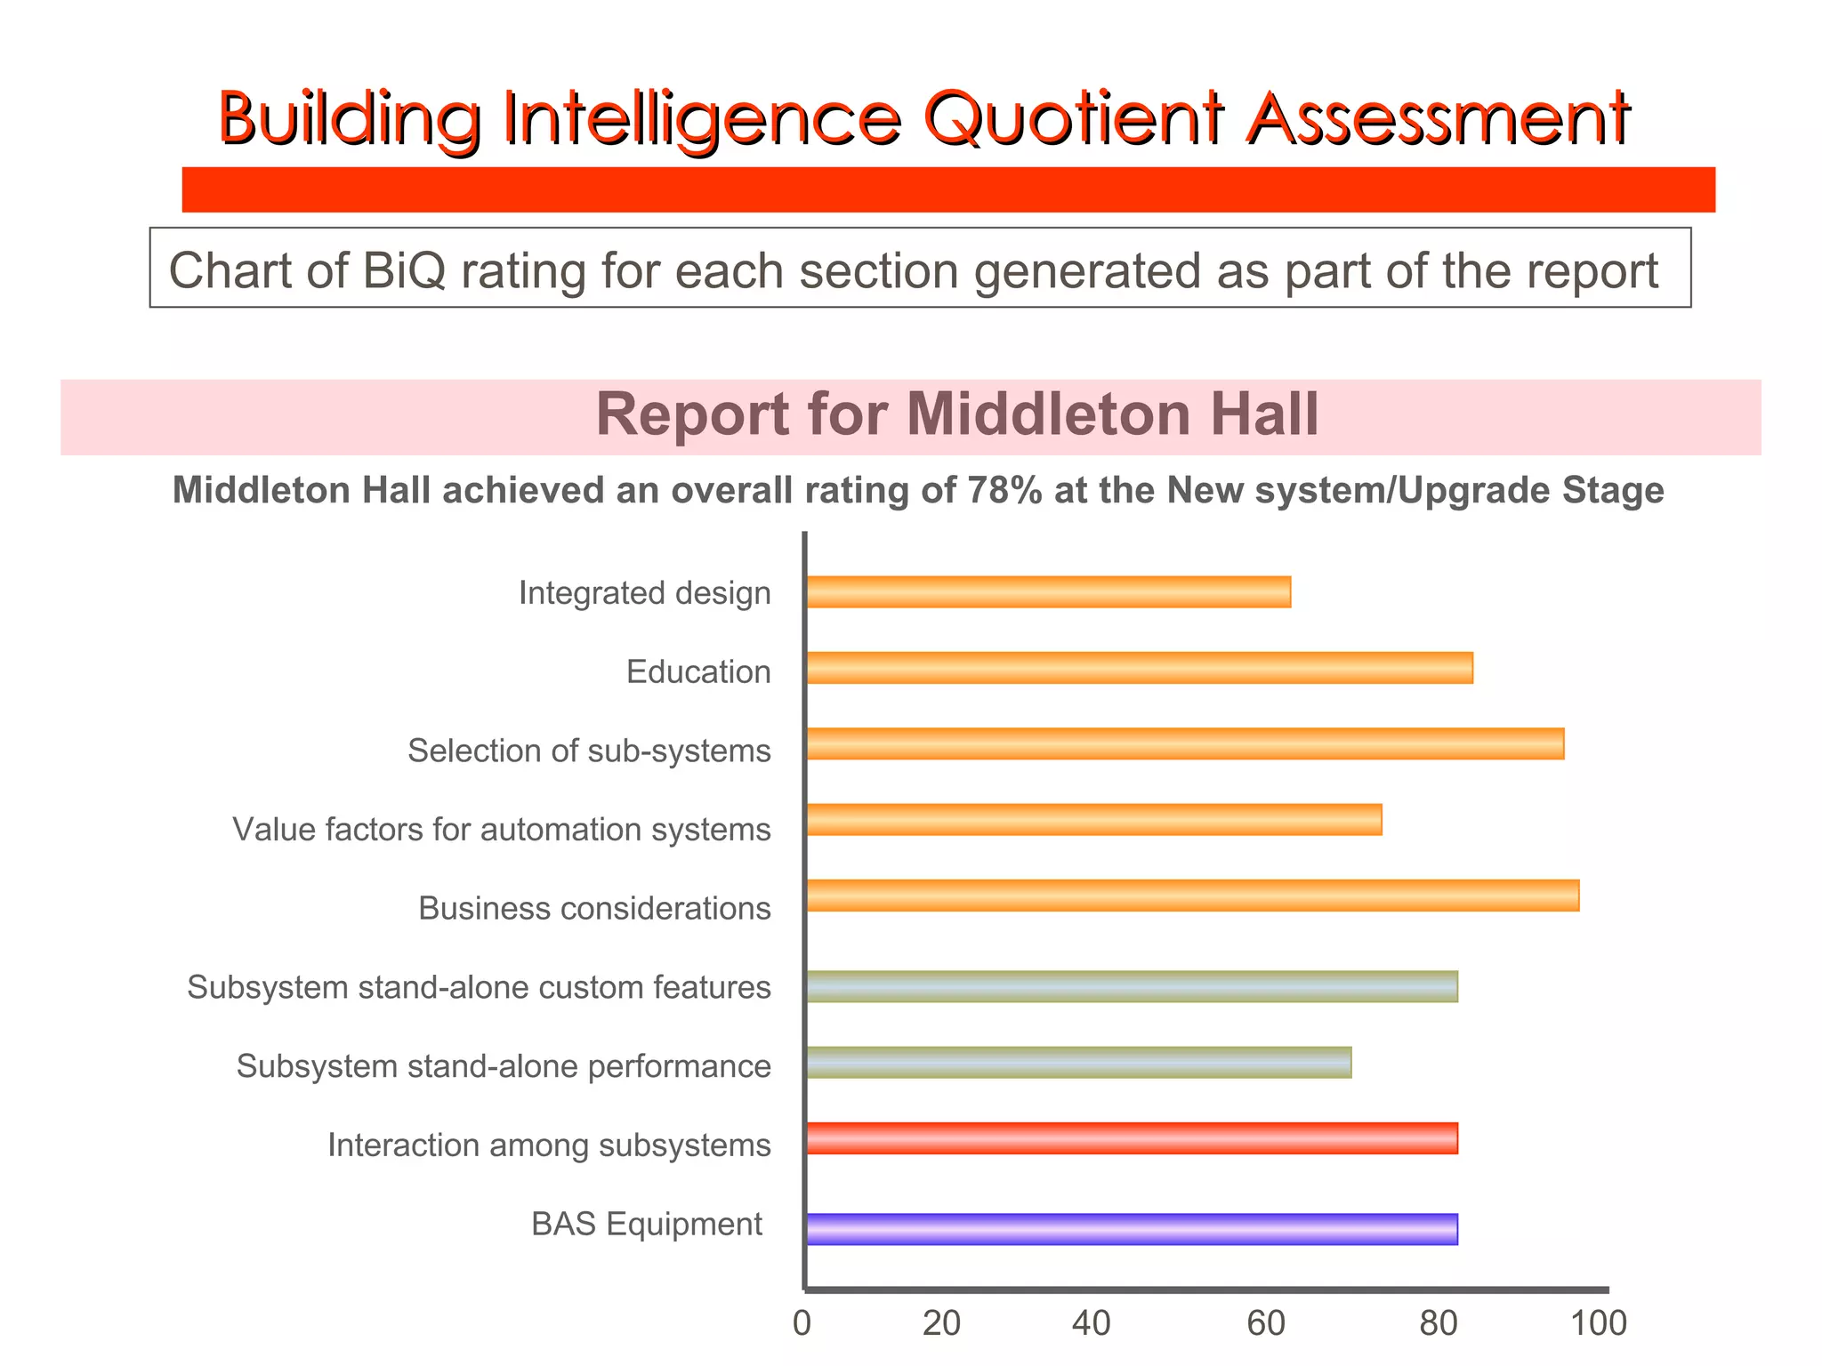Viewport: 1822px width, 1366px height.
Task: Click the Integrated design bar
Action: [1048, 592]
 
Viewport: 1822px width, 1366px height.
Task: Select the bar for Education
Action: [1139, 668]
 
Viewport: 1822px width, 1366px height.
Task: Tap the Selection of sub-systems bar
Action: [1184, 743]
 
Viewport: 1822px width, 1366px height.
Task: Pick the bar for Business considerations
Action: [1192, 896]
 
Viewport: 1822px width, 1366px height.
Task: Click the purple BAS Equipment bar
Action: [1132, 1229]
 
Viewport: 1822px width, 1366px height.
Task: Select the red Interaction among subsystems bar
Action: [1132, 1138]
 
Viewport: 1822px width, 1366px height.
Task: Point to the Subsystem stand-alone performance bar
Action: [1078, 1063]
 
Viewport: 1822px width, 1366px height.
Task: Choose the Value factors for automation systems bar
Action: [1093, 819]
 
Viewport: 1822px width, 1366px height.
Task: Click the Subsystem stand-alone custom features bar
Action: [1132, 987]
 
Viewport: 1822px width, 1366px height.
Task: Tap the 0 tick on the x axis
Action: [802, 1323]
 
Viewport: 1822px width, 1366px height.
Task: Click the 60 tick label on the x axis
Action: [1265, 1323]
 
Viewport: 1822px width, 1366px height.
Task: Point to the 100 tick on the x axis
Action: [1599, 1323]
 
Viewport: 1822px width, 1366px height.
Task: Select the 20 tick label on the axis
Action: [941, 1323]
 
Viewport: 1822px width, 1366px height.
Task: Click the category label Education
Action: [698, 671]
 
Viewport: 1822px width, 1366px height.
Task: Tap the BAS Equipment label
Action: [647, 1225]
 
